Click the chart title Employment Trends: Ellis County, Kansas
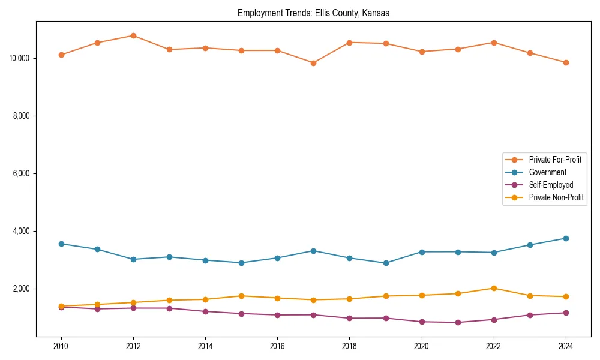click(x=313, y=13)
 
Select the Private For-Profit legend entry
click(x=554, y=160)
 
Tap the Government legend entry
click(x=547, y=172)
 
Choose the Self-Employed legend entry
click(x=551, y=185)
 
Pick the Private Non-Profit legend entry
click(x=556, y=197)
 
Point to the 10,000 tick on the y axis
click(x=20, y=58)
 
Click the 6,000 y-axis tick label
click(x=22, y=173)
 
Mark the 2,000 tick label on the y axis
click(x=22, y=289)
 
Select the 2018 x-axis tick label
click(x=349, y=346)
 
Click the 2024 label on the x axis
click(x=565, y=346)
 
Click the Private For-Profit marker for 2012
click(x=133, y=35)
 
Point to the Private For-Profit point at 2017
click(x=313, y=63)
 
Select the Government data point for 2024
click(x=565, y=238)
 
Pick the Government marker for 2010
click(x=61, y=244)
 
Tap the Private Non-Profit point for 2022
click(x=493, y=288)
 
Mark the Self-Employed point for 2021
click(x=457, y=322)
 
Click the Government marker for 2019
click(x=385, y=263)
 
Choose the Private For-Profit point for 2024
click(x=565, y=62)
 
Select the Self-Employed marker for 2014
click(x=205, y=311)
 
